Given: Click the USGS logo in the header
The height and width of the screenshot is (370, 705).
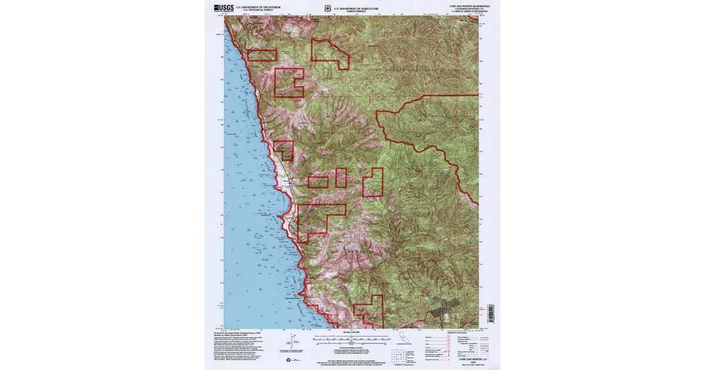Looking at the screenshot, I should point(224,8).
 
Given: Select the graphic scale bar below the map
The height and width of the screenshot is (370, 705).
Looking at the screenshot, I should point(351,339).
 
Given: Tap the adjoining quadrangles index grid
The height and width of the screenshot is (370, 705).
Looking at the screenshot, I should point(397,355).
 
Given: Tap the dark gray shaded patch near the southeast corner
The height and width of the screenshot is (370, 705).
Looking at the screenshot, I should point(444,305).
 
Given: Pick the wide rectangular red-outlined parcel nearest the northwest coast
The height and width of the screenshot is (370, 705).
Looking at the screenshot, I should point(262,55).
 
